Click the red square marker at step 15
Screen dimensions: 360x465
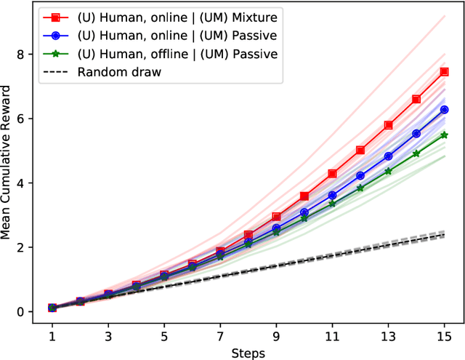pos(444,72)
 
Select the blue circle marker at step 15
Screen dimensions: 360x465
pos(444,110)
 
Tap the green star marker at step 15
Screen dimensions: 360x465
pos(444,135)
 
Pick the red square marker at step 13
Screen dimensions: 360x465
pos(388,125)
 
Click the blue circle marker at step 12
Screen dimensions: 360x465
pos(360,176)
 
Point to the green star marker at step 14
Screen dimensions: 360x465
pos(416,153)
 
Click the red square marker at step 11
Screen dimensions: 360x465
pos(333,174)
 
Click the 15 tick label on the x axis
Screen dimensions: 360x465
pos(444,337)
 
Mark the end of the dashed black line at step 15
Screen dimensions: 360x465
pos(444,235)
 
